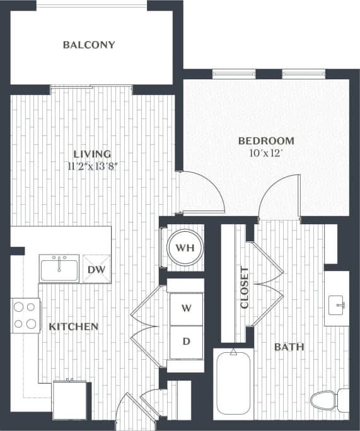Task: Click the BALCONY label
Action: (x=89, y=45)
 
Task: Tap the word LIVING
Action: (x=92, y=154)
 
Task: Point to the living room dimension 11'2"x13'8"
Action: (x=92, y=166)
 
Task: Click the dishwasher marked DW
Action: (x=96, y=269)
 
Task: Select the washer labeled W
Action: (x=186, y=309)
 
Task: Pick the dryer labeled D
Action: (x=186, y=342)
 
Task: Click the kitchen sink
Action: (x=59, y=268)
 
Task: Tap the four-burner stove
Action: (x=25, y=316)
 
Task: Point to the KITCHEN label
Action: (x=74, y=326)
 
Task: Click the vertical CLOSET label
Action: (x=245, y=287)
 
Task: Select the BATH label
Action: (x=289, y=347)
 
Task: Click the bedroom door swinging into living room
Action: (x=202, y=192)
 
